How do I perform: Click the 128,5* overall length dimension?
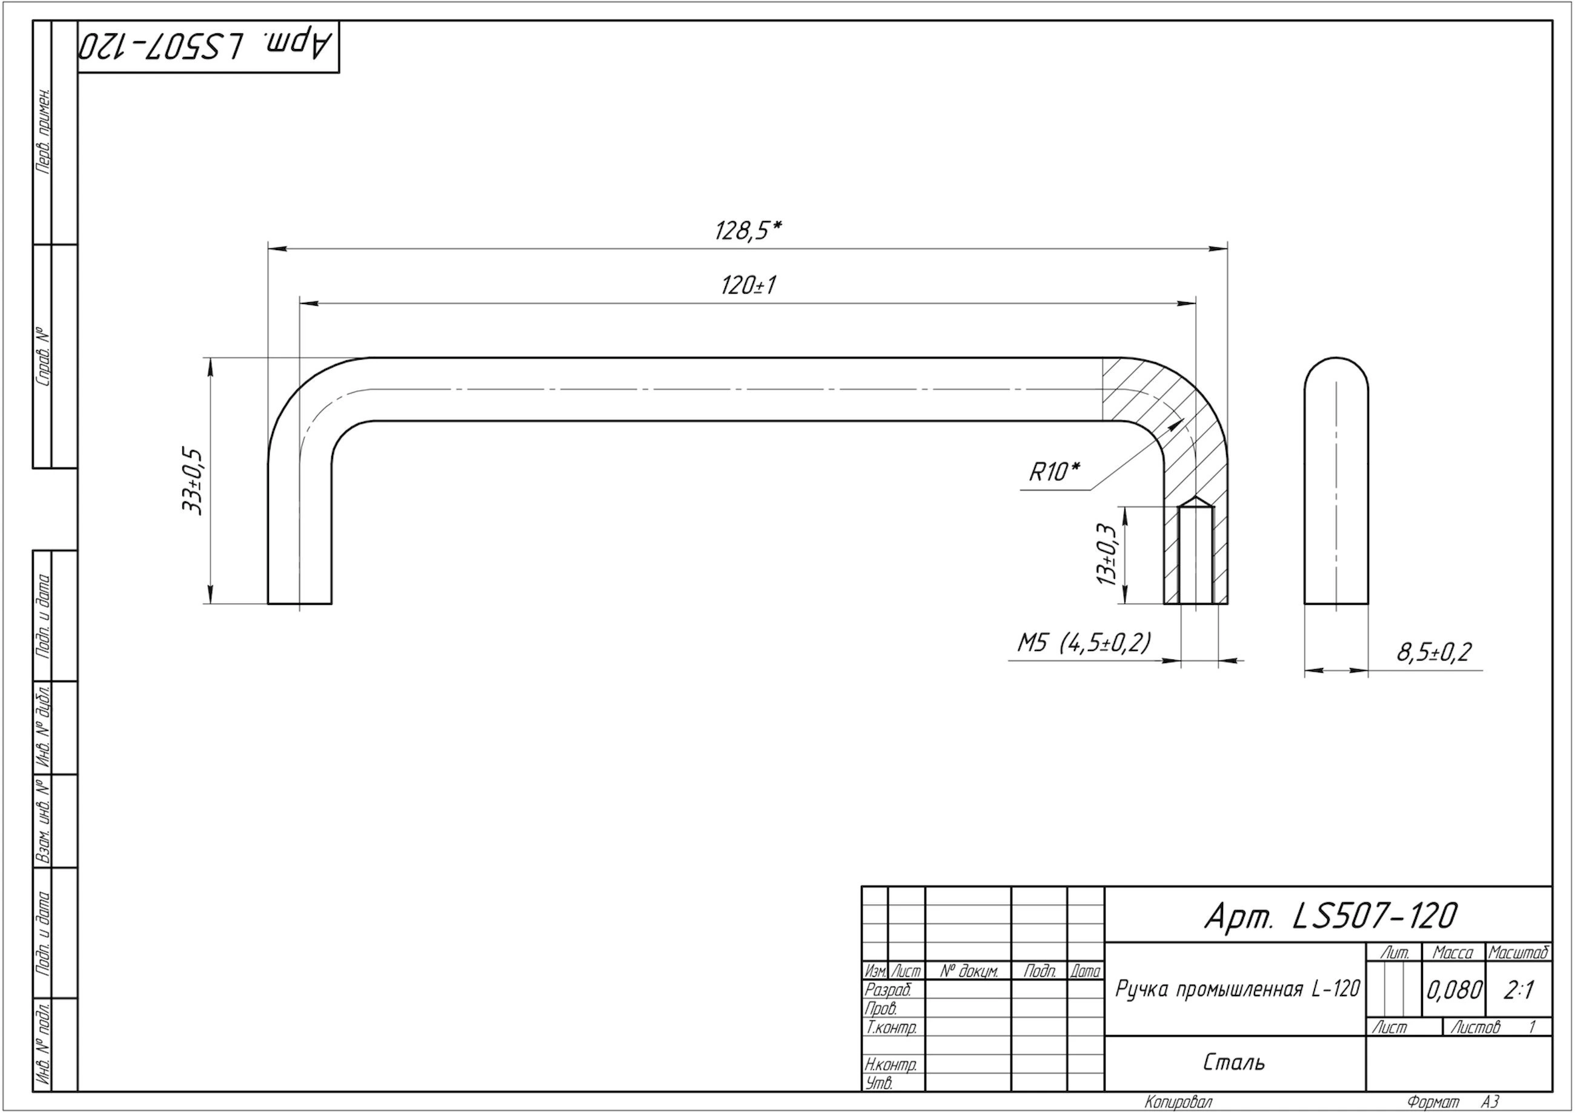tap(748, 231)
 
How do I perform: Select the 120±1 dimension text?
tap(748, 285)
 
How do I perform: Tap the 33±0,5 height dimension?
tap(193, 481)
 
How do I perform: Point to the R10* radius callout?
tap(1053, 472)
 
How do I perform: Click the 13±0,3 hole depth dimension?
tap(1107, 554)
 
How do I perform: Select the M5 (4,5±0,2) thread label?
tap(1083, 642)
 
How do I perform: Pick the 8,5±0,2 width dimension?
tap(1433, 652)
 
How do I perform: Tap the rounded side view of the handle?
tap(1336, 481)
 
